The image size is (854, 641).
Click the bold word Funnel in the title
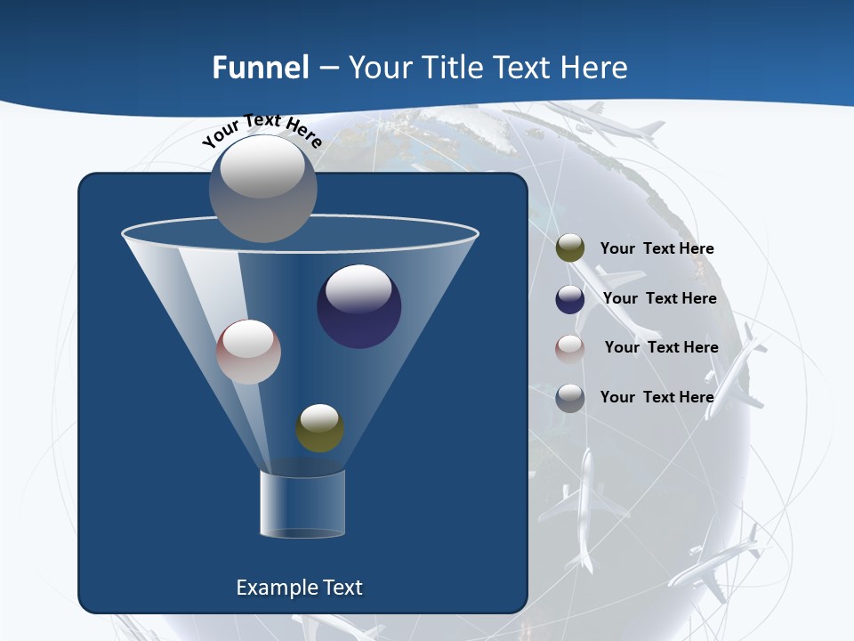coord(260,67)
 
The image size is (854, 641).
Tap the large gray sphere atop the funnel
coord(262,188)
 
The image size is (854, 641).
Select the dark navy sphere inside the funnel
coord(359,306)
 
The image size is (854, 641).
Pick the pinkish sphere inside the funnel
coord(248,352)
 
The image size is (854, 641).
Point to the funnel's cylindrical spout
coord(302,504)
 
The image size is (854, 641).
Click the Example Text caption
coord(299,587)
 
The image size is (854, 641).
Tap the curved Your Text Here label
coord(262,132)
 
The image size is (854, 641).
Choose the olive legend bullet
coord(570,248)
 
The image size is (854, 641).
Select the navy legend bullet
coord(570,298)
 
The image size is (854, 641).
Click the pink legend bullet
coord(570,348)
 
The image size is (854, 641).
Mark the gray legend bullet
coord(570,397)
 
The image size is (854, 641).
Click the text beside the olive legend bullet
coord(657,248)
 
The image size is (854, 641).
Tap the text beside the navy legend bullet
coord(659,298)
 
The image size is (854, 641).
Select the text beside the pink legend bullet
coord(661,347)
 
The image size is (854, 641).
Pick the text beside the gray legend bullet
coord(657,397)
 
